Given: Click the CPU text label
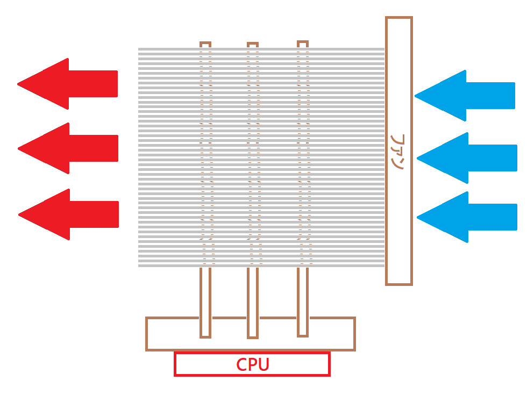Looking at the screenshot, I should click(x=252, y=365).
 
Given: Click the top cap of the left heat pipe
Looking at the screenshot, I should click(x=205, y=44).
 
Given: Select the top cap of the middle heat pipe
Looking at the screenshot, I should click(x=253, y=45).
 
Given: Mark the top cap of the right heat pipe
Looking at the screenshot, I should click(x=303, y=44).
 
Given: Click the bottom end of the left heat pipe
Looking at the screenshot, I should click(x=205, y=335).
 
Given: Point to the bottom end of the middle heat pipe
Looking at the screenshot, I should click(x=253, y=336).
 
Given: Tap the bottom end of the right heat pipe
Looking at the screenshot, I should click(x=303, y=334).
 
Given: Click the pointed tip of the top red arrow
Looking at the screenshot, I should click(x=19, y=84).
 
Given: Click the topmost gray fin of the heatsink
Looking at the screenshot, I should click(x=261, y=49).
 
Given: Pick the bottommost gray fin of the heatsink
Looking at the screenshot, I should click(x=261, y=265).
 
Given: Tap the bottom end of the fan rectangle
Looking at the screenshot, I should click(x=398, y=283).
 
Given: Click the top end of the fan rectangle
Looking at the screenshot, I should click(x=398, y=19).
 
